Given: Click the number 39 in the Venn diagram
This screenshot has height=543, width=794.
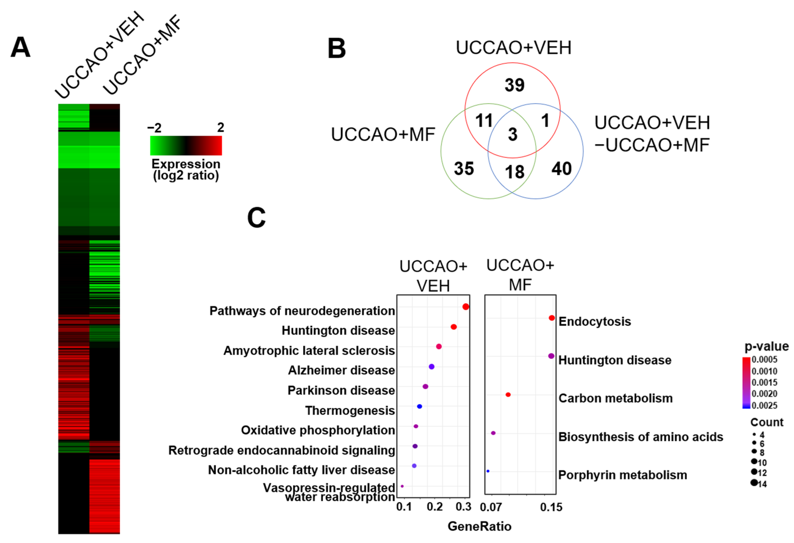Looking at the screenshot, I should (x=514, y=85).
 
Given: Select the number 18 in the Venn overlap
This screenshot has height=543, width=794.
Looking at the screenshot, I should (x=514, y=172).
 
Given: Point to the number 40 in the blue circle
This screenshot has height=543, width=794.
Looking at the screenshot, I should (x=561, y=169).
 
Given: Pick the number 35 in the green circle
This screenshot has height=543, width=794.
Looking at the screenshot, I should (x=464, y=169).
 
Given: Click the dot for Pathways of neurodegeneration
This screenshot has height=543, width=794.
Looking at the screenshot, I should (x=465, y=307).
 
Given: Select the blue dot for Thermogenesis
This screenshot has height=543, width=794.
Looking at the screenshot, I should (x=419, y=406).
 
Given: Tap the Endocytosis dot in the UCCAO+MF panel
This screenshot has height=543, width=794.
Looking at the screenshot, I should (x=551, y=318).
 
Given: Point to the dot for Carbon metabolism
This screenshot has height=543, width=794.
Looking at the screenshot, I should (x=508, y=395).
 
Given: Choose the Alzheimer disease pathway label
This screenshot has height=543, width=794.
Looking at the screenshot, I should (x=341, y=370).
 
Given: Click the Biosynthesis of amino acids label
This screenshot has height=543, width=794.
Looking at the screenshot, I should (x=641, y=437).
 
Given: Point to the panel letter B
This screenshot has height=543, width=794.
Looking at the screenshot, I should (x=337, y=49).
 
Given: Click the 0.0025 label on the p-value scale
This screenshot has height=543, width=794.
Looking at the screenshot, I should (x=764, y=406).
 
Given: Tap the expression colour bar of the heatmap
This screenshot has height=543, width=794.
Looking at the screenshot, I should (x=186, y=146).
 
